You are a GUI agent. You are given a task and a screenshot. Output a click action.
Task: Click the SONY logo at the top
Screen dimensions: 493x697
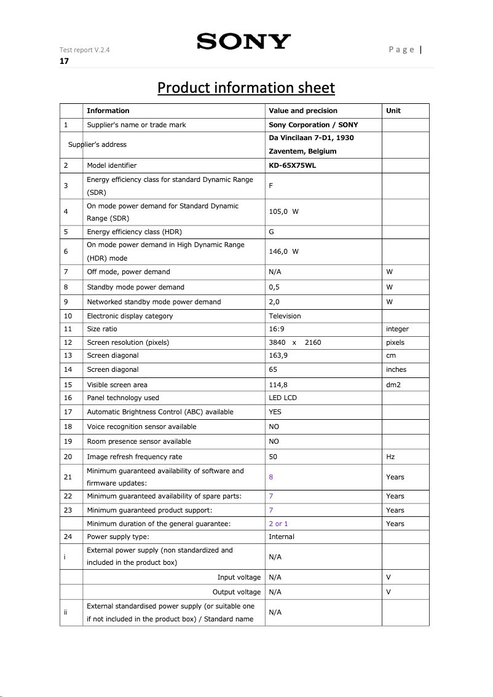click(x=243, y=42)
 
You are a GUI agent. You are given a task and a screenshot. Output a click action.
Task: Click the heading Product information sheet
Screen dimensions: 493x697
click(x=246, y=88)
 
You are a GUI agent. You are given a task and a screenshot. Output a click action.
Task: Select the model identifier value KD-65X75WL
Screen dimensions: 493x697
click(x=293, y=165)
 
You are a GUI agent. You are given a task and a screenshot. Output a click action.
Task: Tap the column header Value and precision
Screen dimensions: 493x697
click(x=303, y=111)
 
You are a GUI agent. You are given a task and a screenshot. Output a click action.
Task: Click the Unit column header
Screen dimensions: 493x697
click(x=393, y=111)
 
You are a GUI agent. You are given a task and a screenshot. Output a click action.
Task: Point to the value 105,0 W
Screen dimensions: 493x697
click(x=283, y=211)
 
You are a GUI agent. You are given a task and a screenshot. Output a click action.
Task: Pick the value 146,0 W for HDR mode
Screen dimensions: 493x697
click(x=283, y=251)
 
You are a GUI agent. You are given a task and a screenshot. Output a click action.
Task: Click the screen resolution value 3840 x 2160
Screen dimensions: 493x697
click(x=294, y=342)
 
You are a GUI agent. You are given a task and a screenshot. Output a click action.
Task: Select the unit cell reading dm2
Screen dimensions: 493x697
click(x=394, y=385)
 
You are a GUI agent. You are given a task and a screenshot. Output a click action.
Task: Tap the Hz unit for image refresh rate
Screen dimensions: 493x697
click(x=390, y=457)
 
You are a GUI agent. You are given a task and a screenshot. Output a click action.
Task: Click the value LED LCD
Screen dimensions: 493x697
click(x=283, y=398)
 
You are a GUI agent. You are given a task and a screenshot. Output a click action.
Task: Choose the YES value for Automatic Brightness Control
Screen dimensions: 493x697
click(x=275, y=412)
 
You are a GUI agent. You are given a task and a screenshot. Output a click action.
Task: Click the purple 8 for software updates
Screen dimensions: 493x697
click(x=271, y=476)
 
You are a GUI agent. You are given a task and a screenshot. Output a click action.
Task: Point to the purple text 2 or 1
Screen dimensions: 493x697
click(x=278, y=524)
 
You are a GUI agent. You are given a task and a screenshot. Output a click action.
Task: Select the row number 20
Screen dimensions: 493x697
click(x=68, y=457)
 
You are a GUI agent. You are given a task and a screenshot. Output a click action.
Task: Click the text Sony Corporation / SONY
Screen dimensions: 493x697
click(x=314, y=125)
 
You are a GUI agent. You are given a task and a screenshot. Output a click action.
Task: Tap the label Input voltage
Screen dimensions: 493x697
click(x=239, y=577)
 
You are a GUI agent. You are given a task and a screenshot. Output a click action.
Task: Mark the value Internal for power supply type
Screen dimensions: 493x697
click(x=282, y=537)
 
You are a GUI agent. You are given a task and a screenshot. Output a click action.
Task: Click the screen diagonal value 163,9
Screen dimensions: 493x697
click(x=278, y=355)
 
